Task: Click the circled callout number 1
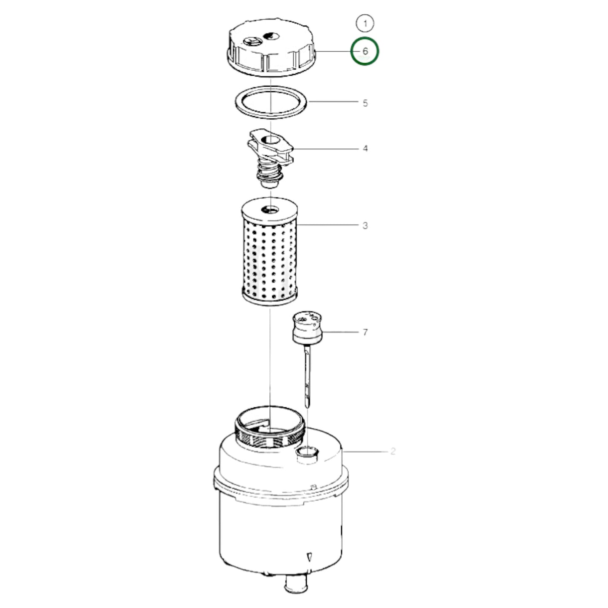point(365,24)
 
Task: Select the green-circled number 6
point(365,51)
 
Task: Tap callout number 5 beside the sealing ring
point(365,103)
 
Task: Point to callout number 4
point(365,149)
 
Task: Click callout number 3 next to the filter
point(365,226)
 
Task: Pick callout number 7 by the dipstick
point(365,332)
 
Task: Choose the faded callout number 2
point(392,451)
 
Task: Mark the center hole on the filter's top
point(269,209)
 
